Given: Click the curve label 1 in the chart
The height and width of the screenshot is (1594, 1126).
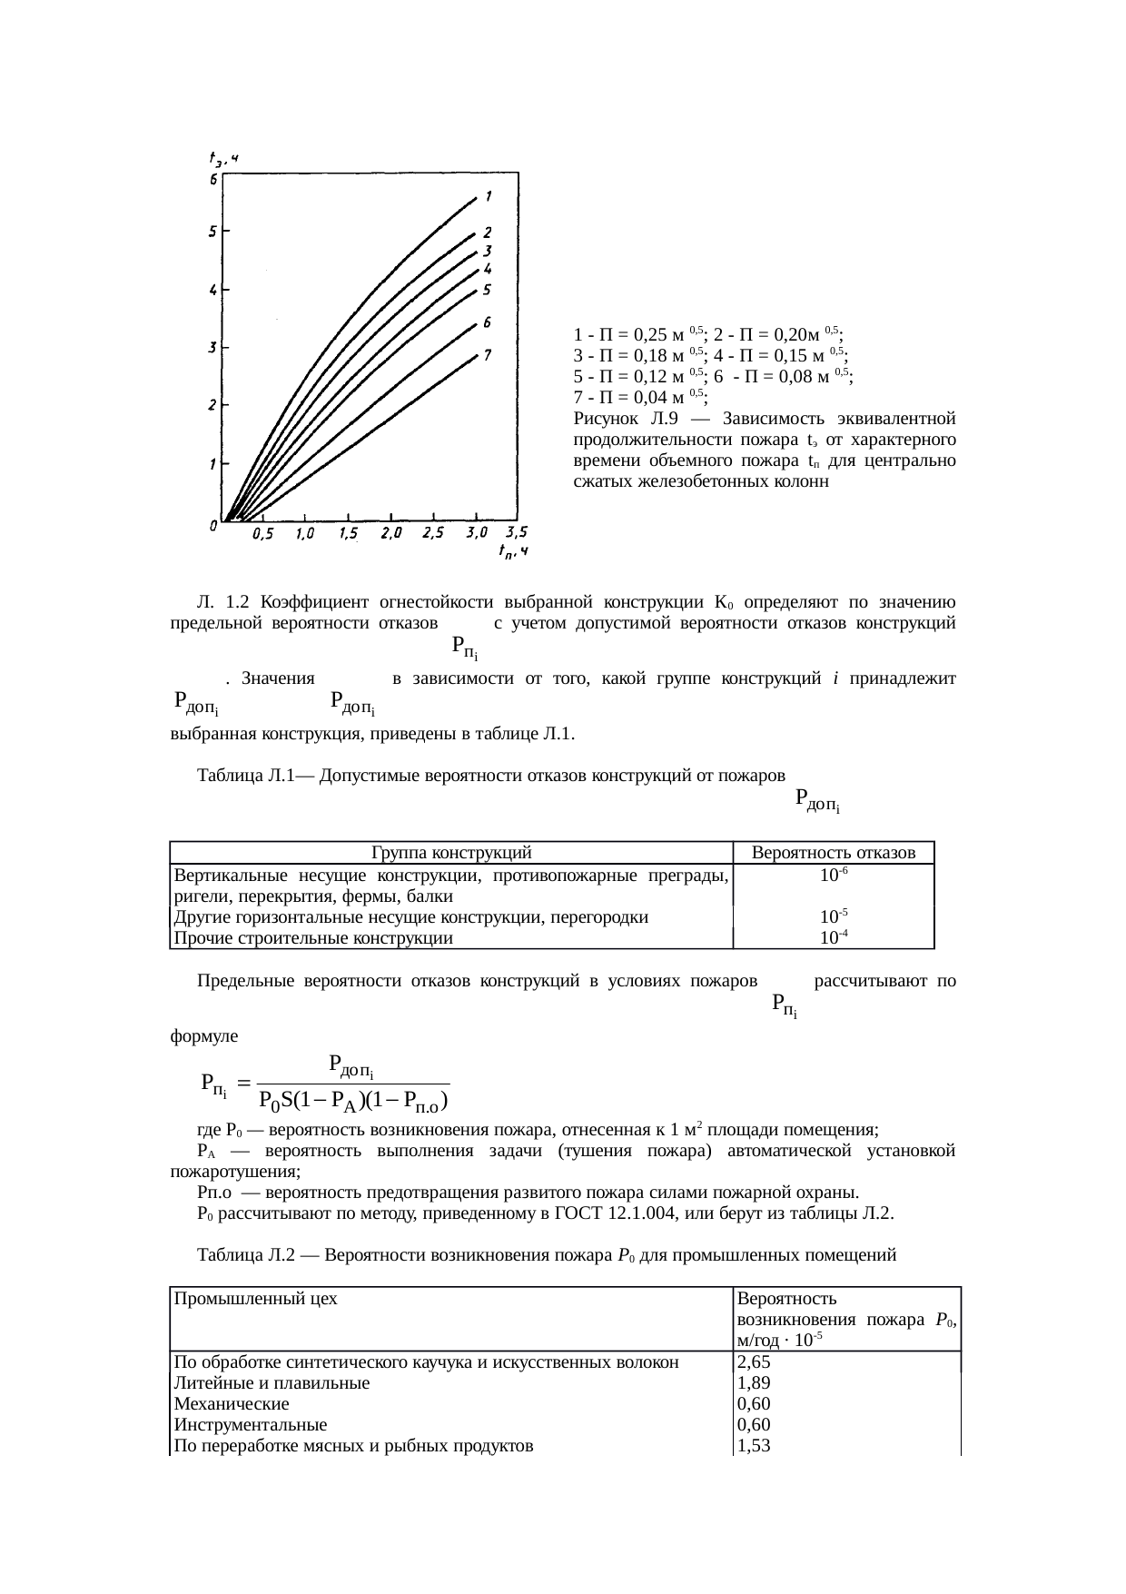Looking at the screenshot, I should pos(489,196).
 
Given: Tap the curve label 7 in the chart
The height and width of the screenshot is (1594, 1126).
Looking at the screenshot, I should pos(488,355).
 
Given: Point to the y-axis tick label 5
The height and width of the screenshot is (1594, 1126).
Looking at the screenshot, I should pos(212,231).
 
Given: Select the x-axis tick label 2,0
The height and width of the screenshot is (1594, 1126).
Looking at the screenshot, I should pos(391,534).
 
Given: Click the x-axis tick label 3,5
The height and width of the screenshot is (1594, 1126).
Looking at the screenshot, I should pos(516,532).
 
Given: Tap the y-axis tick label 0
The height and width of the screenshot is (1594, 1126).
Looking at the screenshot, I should pos(212,526).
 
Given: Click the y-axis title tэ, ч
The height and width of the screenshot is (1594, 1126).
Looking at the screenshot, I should pos(222,160).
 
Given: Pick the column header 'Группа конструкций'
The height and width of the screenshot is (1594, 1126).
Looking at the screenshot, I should pos(451,853).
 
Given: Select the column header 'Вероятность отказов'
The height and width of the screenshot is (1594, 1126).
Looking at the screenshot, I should pos(833,853).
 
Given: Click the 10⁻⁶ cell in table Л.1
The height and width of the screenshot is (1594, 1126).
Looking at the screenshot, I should pos(833,875).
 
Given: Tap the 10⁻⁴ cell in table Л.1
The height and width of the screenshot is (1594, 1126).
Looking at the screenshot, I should pos(833,938).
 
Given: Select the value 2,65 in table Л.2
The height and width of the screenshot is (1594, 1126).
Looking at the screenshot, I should pos(754,1362).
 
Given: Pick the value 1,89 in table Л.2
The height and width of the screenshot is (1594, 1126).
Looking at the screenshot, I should pos(754,1383).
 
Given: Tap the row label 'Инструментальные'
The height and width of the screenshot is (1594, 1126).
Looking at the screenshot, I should pos(251,1425).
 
